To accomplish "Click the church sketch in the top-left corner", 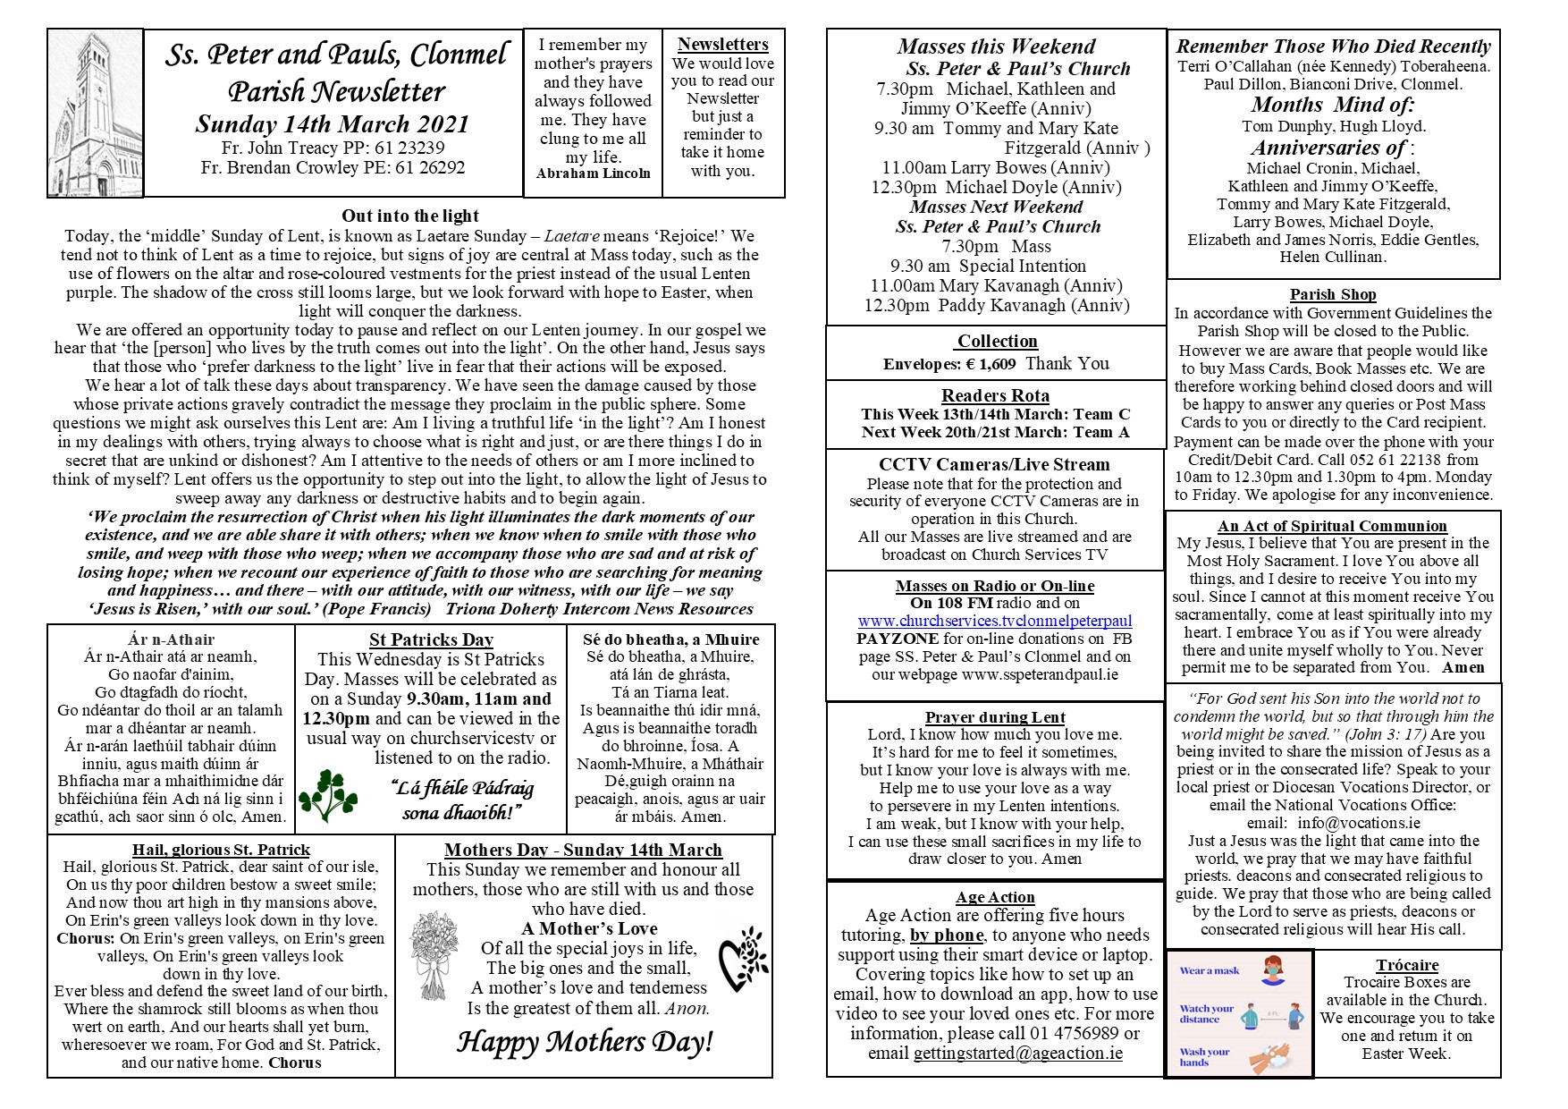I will click(x=95, y=113).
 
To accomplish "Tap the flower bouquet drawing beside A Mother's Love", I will click(x=434, y=955).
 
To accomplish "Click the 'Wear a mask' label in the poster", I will click(x=1210, y=970).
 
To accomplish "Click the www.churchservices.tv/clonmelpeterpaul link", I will click(x=994, y=621).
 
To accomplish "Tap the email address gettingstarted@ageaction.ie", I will click(x=1018, y=1053).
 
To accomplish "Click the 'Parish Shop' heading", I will click(x=1332, y=294).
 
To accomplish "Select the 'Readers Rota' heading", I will click(x=995, y=395).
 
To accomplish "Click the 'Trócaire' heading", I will click(x=1407, y=965).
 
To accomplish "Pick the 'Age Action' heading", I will click(x=995, y=897).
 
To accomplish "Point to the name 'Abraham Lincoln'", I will click(x=593, y=174).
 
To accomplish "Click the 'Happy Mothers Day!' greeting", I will click(x=585, y=1042).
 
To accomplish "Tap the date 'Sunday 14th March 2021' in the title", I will click(x=332, y=124).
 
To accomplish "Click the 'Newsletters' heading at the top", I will click(x=722, y=44).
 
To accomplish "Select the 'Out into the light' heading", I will click(x=410, y=216).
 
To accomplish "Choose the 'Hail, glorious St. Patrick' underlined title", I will click(x=221, y=850).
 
